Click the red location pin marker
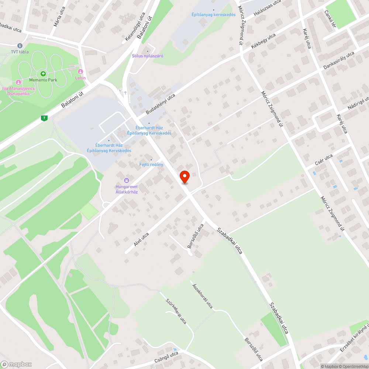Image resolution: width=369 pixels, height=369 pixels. pos(184,177)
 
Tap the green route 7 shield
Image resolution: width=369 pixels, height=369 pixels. pos(44,118)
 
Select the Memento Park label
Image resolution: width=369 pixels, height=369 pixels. pos(43,80)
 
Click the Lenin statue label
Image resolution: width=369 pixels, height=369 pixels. pos(80,78)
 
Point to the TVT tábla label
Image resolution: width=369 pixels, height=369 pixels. pos(20,52)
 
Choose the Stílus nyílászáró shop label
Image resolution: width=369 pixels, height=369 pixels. pos(148,56)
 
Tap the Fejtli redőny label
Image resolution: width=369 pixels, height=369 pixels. pos(151,164)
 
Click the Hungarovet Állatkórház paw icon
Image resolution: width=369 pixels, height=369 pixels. pos(127,180)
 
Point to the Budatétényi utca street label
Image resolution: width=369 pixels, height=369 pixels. pos(160,104)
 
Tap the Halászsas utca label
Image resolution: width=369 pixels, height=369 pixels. pos(268,8)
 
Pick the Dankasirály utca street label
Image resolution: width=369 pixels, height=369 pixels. pos(338,61)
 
